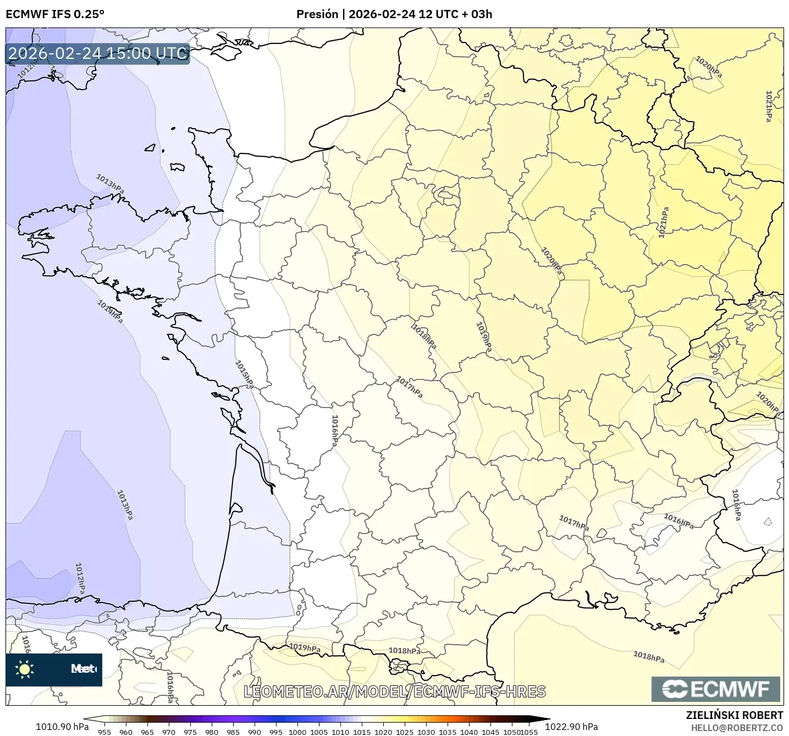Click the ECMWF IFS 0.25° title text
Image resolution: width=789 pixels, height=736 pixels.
pyautogui.click(x=54, y=14)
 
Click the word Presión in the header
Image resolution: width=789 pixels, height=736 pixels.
pyautogui.click(x=317, y=14)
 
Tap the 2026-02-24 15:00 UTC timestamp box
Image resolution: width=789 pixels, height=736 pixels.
pyautogui.click(x=98, y=53)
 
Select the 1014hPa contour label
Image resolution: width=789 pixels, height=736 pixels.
pyautogui.click(x=111, y=311)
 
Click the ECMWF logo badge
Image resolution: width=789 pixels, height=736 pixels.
pyautogui.click(x=715, y=689)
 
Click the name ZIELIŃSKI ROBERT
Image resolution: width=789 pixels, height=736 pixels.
pyautogui.click(x=735, y=715)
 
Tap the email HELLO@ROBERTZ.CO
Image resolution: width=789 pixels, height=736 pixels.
pyautogui.click(x=737, y=728)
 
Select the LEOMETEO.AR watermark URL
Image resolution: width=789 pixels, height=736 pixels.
pyautogui.click(x=394, y=691)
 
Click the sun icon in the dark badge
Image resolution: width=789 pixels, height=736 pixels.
pyautogui.click(x=25, y=669)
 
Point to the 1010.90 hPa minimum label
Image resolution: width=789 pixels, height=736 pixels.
pyautogui.click(x=62, y=727)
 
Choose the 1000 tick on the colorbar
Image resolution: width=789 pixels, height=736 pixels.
pyautogui.click(x=297, y=732)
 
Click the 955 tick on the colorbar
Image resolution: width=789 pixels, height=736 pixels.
pyautogui.click(x=104, y=732)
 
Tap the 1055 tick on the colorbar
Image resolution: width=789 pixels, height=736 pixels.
pyautogui.click(x=529, y=732)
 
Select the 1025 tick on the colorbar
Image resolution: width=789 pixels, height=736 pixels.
pyautogui.click(x=405, y=732)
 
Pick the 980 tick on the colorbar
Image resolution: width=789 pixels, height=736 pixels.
pyautogui.click(x=212, y=732)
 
